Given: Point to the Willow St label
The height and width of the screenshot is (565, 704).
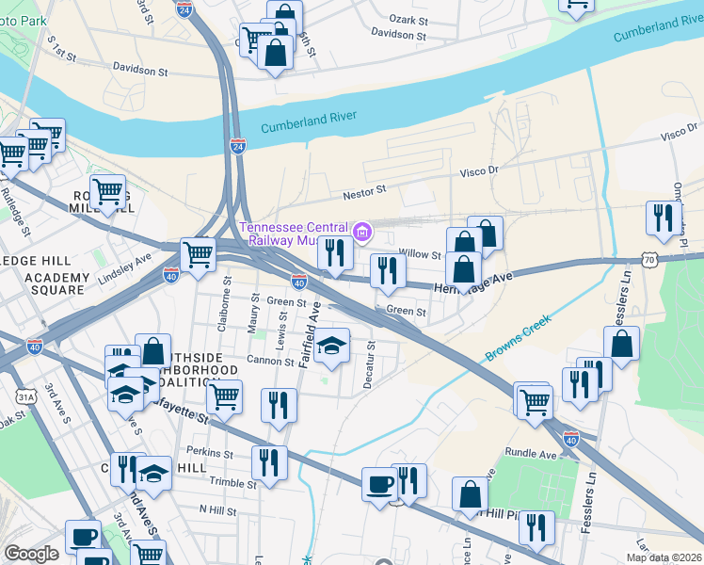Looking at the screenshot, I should click(420, 254).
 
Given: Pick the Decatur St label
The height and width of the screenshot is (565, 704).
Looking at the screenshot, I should click(372, 364).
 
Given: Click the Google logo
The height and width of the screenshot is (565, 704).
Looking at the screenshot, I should click(31, 554).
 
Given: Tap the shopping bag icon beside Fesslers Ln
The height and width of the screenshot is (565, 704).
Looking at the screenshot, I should click(622, 344).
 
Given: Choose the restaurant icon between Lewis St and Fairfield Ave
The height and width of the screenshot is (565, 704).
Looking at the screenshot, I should click(278, 405).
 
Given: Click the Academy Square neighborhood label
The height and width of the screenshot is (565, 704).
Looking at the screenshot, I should click(56, 284).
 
